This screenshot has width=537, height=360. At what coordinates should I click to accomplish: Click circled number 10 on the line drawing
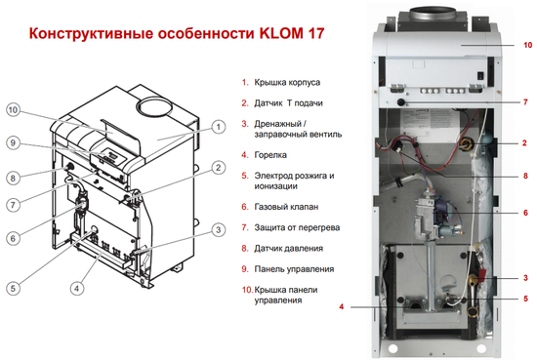14,109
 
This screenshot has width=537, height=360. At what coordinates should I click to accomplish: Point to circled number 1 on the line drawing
218,126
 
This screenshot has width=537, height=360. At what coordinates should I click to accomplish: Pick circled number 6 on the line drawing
14,237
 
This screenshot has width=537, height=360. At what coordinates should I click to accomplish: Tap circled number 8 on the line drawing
14,178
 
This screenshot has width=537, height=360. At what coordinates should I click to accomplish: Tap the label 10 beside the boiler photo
527,46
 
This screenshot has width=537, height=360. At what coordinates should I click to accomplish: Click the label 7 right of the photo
524,101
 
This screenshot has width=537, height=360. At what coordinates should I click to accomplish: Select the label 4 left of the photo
342,306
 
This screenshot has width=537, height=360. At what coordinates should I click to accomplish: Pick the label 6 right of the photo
524,212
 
